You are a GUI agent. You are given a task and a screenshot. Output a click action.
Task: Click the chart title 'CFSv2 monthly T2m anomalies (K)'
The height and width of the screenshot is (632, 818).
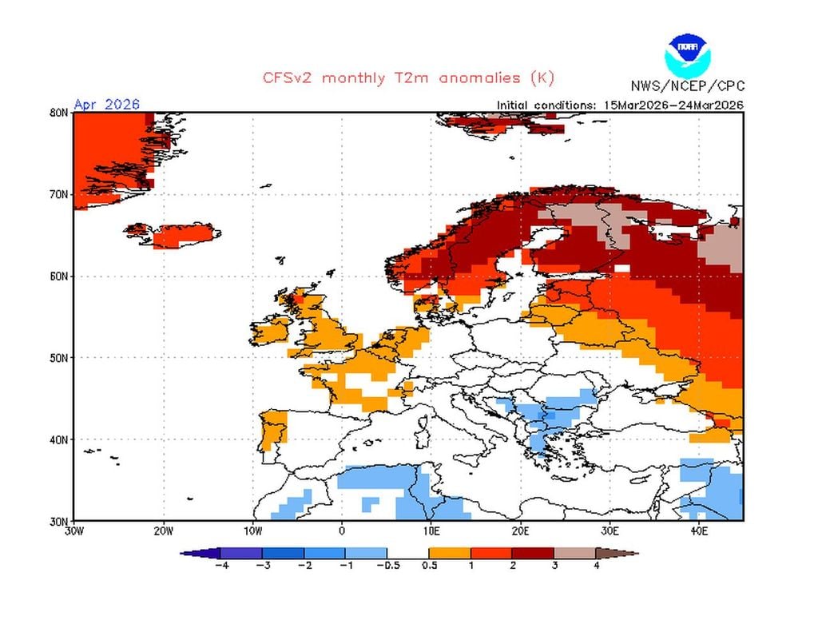(x=408, y=78)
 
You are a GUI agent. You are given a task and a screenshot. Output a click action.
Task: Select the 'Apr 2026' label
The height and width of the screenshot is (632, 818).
(x=106, y=105)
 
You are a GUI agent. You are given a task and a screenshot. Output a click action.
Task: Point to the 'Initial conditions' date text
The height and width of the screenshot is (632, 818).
(x=620, y=105)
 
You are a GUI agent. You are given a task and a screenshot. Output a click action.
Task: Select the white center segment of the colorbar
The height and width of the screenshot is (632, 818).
(x=408, y=553)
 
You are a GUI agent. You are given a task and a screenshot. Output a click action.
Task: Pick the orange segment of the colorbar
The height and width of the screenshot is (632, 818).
(x=450, y=553)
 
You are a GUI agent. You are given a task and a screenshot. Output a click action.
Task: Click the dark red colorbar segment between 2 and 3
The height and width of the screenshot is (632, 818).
(x=533, y=553)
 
